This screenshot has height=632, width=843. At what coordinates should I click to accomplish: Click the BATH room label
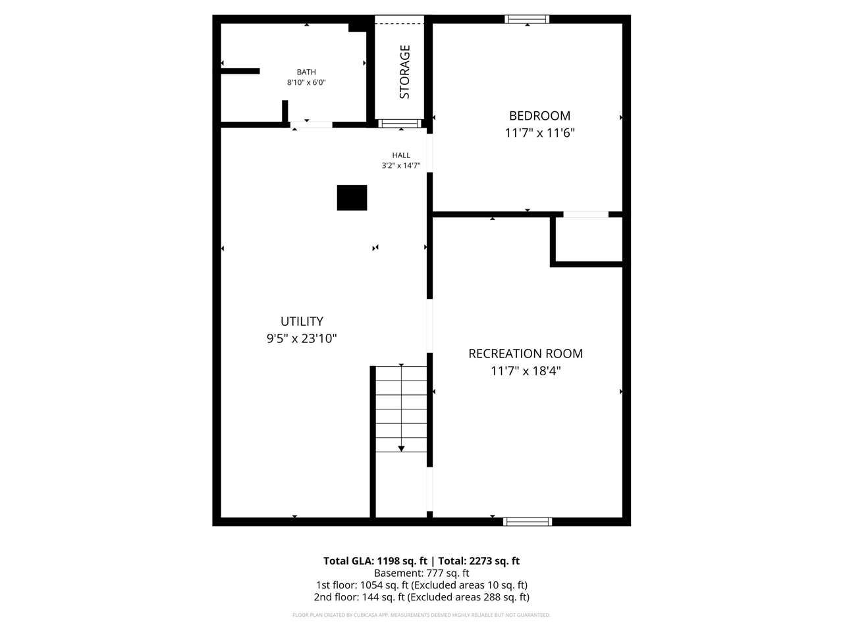tap(306, 72)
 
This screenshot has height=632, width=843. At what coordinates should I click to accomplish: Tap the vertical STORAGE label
tap(405, 72)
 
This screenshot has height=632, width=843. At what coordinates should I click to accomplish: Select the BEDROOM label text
tap(539, 115)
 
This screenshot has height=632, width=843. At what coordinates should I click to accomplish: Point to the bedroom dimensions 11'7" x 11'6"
tap(539, 133)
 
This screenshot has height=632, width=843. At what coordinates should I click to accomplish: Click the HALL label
tap(401, 155)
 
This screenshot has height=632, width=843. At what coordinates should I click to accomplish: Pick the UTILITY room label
tap(302, 321)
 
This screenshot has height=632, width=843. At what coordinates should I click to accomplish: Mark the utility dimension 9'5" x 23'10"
tap(302, 338)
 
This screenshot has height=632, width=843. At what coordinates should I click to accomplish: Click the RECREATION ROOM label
tap(526, 354)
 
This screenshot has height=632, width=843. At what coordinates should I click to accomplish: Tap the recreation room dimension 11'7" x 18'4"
tap(526, 371)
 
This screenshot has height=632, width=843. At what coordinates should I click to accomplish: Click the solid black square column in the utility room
tap(352, 197)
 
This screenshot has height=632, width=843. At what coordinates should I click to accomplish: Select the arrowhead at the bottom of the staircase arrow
tap(401, 448)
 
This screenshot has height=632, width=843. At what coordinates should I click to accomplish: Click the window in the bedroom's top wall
tap(527, 19)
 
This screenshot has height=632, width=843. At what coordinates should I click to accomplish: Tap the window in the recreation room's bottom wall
tap(528, 521)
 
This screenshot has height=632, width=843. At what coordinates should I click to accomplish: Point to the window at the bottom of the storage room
tap(400, 123)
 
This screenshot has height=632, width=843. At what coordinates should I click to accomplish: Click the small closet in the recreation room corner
tap(589, 240)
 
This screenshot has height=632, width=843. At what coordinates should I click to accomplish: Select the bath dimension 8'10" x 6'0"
tap(306, 82)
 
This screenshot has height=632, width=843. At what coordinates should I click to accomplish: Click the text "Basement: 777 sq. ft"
tap(421, 573)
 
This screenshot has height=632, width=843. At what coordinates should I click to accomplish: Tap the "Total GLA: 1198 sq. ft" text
tap(375, 561)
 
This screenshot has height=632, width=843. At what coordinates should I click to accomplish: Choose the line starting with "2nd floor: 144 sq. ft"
tap(421, 597)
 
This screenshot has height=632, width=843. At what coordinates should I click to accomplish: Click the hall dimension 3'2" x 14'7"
tap(401, 165)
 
